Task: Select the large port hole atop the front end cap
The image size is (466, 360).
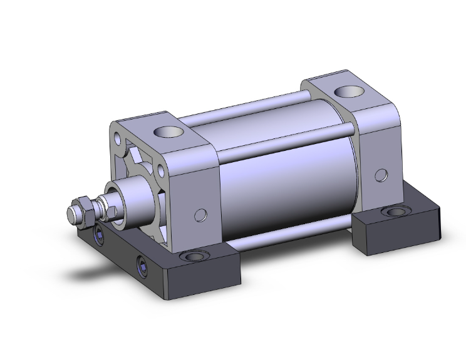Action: (167, 132)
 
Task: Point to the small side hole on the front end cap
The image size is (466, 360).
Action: (200, 215)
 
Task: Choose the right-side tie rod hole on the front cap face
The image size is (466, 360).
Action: (162, 170)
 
